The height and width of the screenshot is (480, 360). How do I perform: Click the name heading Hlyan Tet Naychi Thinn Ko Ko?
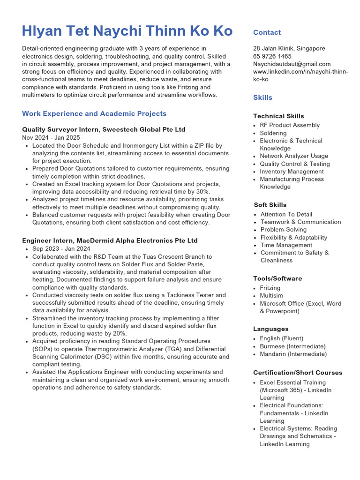coord(127,31)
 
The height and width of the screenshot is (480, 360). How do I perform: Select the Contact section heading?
coord(267,32)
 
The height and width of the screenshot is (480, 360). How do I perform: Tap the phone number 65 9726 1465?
coord(272,56)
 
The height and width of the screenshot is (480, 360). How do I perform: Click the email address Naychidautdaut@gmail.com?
coord(292,64)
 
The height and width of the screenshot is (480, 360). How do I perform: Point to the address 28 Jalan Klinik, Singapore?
coord(289,48)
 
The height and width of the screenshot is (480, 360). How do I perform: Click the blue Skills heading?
coord(262,97)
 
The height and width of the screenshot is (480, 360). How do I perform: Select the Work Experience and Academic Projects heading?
coord(94,113)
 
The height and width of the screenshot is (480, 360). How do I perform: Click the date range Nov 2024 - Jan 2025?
coord(51,138)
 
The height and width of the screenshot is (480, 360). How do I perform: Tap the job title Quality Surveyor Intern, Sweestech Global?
coord(104,129)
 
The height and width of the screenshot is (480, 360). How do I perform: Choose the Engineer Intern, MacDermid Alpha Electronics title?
coord(110,240)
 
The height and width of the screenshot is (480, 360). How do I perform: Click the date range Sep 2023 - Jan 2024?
coord(61,249)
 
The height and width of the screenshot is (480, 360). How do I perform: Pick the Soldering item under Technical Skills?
coord(273,133)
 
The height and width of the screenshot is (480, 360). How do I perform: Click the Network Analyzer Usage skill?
coord(294,156)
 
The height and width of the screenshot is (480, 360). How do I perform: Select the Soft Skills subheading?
coord(270,205)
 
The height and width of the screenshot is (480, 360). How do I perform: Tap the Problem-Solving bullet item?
coord(283,230)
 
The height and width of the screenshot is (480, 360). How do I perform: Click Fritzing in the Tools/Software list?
coord(270,288)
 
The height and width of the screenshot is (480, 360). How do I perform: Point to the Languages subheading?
coord(270,329)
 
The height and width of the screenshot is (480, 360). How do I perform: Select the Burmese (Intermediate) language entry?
coord(293,346)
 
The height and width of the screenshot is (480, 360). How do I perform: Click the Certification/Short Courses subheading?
coord(298,373)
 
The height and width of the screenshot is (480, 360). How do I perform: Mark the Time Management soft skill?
coord(286,245)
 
